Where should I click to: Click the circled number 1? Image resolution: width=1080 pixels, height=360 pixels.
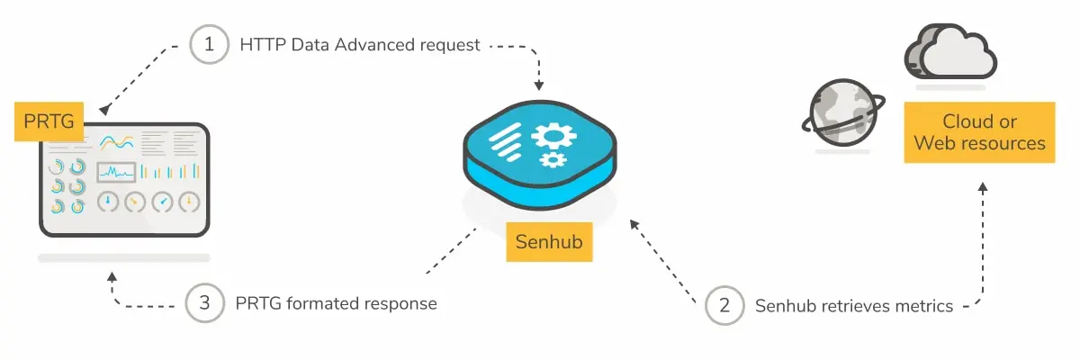(x=210, y=45)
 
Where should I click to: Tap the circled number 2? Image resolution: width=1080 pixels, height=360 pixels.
(x=725, y=306)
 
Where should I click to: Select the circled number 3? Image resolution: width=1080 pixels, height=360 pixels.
(x=205, y=303)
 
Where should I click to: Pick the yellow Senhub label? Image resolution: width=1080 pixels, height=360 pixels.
(x=549, y=242)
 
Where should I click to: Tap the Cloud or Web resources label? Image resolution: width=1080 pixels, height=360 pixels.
(x=979, y=132)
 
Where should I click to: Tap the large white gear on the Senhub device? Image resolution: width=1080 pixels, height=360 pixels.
(x=553, y=137)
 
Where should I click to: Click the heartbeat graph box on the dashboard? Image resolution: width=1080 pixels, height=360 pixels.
(x=116, y=171)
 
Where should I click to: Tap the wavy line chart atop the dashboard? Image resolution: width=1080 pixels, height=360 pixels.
(x=117, y=142)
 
